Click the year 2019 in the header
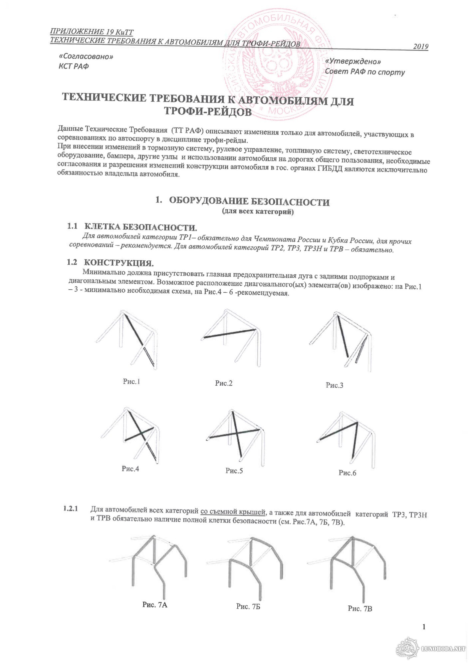pyautogui.click(x=420, y=47)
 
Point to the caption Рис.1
pyautogui.click(x=131, y=382)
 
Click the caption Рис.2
pyautogui.click(x=224, y=383)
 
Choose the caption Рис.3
pyautogui.click(x=334, y=385)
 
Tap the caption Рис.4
pyautogui.click(x=130, y=469)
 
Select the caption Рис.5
pyautogui.click(x=234, y=471)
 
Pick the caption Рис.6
pyautogui.click(x=347, y=473)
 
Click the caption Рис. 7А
pyautogui.click(x=155, y=605)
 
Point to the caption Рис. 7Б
pyautogui.click(x=248, y=606)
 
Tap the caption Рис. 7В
pyautogui.click(x=360, y=609)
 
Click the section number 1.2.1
pyautogui.click(x=70, y=509)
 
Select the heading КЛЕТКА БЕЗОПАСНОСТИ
pyautogui.click(x=141, y=227)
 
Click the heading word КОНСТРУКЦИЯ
pyautogui.click(x=119, y=263)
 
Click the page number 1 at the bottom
pyautogui.click(x=424, y=627)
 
